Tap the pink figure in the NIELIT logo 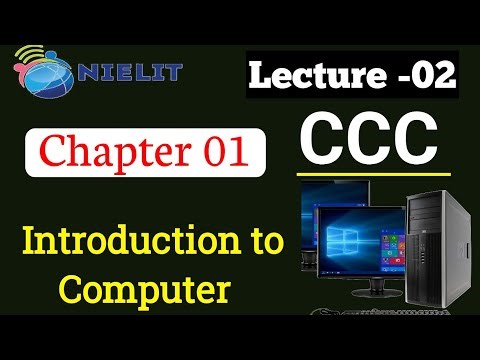click(22, 70)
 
